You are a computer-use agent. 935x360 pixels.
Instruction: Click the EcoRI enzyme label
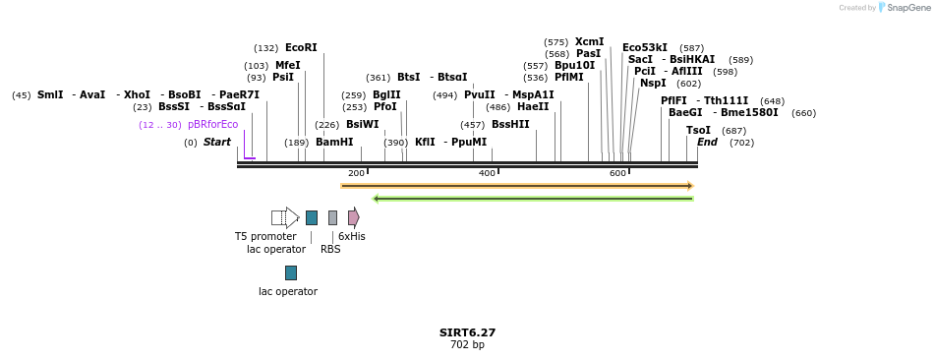(x=301, y=47)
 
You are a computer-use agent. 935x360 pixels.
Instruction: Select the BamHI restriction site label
(x=334, y=143)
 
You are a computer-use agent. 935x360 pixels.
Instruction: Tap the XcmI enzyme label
(x=590, y=42)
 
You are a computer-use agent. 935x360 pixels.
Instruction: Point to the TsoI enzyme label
(x=698, y=131)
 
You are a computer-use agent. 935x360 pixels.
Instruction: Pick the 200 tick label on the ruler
(x=356, y=174)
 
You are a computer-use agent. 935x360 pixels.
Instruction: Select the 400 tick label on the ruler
(x=487, y=174)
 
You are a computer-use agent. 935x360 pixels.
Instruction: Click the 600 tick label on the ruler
(x=617, y=174)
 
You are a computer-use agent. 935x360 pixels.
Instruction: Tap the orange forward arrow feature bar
(x=517, y=186)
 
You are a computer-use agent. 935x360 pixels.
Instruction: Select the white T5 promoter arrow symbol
(x=285, y=217)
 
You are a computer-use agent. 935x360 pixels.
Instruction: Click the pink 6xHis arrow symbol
(x=353, y=217)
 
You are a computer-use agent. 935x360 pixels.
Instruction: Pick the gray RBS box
(x=332, y=217)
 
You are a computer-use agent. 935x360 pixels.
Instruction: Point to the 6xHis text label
(x=352, y=237)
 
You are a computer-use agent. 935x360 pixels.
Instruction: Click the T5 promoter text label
(x=265, y=237)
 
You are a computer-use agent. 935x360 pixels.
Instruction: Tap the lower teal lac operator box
(x=290, y=272)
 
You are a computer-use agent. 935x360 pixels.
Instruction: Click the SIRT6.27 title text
(x=467, y=332)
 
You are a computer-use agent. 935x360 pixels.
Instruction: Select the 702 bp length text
(x=467, y=345)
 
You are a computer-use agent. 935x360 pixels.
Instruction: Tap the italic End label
(x=707, y=143)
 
